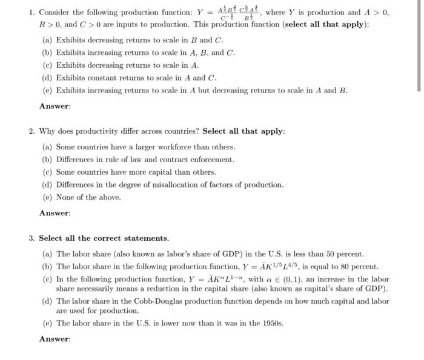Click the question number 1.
31,13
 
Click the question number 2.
31,131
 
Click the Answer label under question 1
55,106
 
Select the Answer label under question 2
55,213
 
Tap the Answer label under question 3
55,339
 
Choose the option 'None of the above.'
88,197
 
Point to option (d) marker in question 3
47,301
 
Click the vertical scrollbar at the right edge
419,45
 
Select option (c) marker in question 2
47,172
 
